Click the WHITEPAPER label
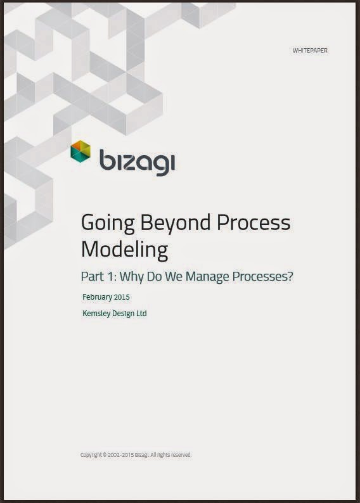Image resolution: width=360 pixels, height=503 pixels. [x=310, y=51]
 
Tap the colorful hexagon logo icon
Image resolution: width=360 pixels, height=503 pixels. [x=80, y=151]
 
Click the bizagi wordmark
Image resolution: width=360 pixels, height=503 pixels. [x=138, y=162]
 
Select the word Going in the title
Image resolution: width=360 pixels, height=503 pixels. [x=108, y=224]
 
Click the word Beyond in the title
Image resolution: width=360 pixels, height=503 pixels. [x=176, y=224]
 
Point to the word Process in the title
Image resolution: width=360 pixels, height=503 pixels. [x=254, y=222]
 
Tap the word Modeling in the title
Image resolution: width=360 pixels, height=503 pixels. [x=124, y=250]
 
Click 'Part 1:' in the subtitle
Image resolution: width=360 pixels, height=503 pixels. [x=98, y=276]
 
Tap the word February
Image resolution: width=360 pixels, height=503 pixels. [x=97, y=297]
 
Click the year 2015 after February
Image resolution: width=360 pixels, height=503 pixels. [x=122, y=297]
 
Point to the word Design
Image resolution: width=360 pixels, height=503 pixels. [x=124, y=314]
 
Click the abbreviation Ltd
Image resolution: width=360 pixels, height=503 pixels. [x=141, y=313]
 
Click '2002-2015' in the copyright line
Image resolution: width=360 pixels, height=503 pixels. [x=120, y=455]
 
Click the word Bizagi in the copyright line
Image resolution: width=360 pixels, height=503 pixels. [x=142, y=455]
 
